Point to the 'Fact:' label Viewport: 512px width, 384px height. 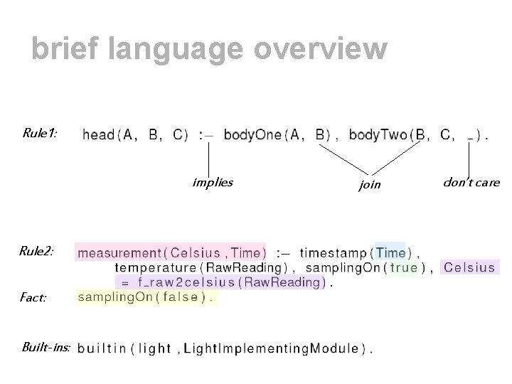[33, 297]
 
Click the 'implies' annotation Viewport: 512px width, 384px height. [212, 182]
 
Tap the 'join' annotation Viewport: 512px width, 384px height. [370, 185]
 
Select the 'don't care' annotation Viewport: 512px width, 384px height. [471, 182]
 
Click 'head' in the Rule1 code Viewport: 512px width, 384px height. [98, 134]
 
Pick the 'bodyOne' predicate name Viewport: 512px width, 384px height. [252, 134]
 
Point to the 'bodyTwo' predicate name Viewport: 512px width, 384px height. [378, 134]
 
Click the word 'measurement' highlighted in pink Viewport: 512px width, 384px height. [119, 252]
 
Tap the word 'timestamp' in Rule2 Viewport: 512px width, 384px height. [333, 252]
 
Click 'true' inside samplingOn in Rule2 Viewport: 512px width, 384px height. [404, 267]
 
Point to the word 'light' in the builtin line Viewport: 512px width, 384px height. [154, 348]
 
